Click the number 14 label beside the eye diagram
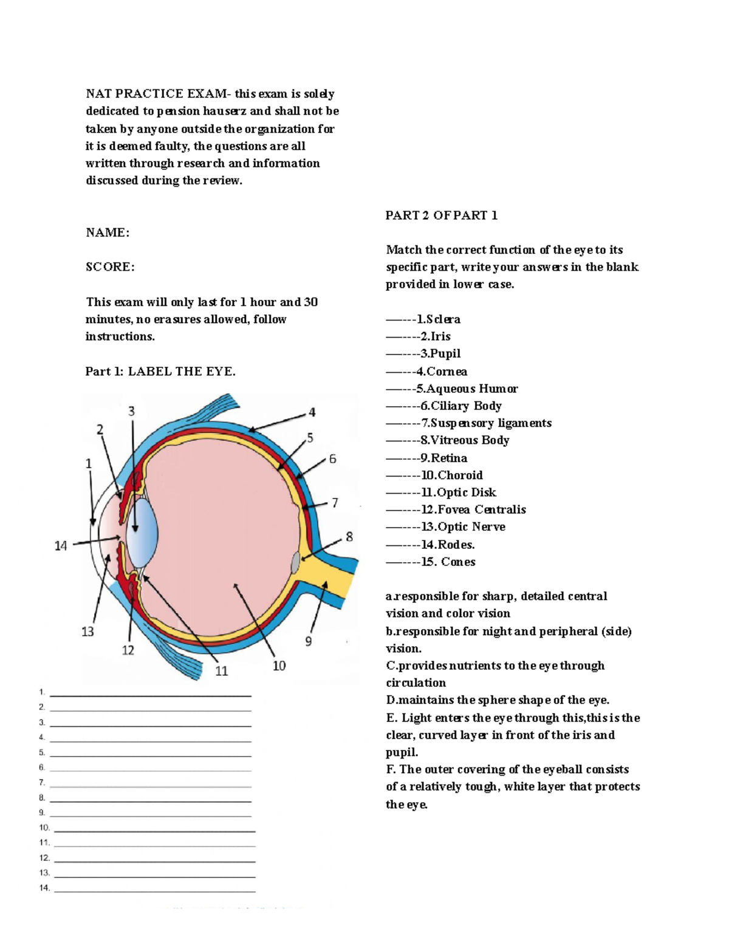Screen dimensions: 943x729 coord(61,546)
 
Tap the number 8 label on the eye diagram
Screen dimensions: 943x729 coord(349,537)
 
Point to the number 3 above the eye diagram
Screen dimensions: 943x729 coord(131,412)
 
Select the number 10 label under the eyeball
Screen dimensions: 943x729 coord(279,666)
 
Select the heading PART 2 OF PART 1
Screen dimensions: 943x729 coord(441,216)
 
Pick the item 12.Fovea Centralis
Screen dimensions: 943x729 coord(474,510)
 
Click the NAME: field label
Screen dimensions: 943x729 coord(108,233)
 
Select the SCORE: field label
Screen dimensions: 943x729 coord(110,267)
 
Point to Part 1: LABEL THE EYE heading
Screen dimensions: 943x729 coord(160,372)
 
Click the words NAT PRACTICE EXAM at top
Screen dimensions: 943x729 coord(156,94)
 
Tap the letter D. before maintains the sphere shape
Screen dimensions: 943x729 coord(391,700)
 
